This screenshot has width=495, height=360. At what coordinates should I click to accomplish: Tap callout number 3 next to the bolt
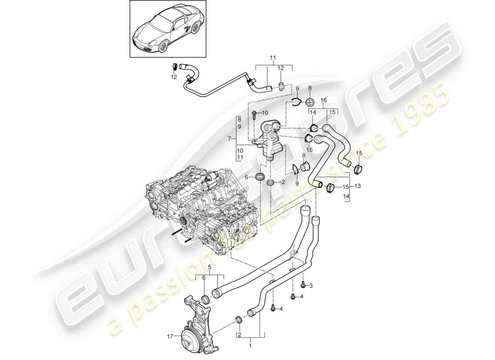[x=310, y=286]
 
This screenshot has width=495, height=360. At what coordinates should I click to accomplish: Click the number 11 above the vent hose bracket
[x=273, y=58]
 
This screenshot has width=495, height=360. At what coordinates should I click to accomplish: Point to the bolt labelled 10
[x=254, y=113]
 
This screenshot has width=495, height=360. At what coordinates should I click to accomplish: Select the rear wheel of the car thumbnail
[x=194, y=29]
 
